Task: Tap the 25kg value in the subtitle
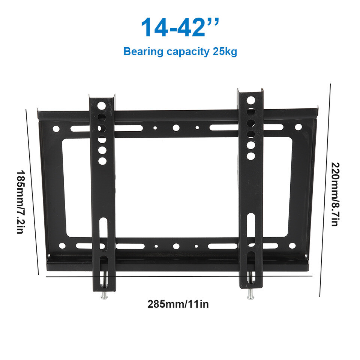pyautogui.click(x=225, y=51)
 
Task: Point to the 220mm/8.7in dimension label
pyautogui.click(x=335, y=194)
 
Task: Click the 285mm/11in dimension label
pyautogui.click(x=178, y=304)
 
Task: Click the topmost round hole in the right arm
pyautogui.click(x=251, y=100)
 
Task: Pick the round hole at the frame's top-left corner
pyautogui.click(x=56, y=129)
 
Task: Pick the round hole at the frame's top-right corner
pyautogui.click(x=298, y=127)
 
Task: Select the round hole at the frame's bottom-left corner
pyautogui.click(x=62, y=246)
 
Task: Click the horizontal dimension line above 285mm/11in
pyautogui.click(x=178, y=276)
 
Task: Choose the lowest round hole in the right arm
pyautogui.click(x=251, y=156)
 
